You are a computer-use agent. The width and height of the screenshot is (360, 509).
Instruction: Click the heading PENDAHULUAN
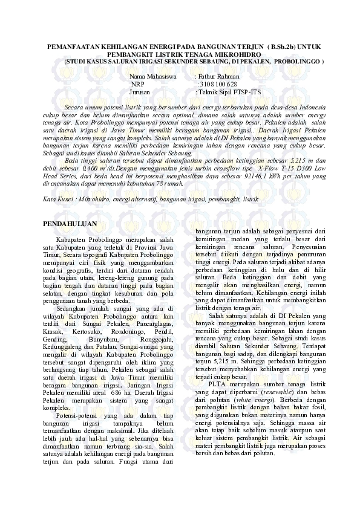71,224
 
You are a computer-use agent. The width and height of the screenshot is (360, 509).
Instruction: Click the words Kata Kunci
58,199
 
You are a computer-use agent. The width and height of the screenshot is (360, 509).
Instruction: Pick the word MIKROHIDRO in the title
235,54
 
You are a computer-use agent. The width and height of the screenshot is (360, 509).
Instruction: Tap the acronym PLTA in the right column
217,384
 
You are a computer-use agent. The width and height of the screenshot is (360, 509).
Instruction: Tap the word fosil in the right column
317,407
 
